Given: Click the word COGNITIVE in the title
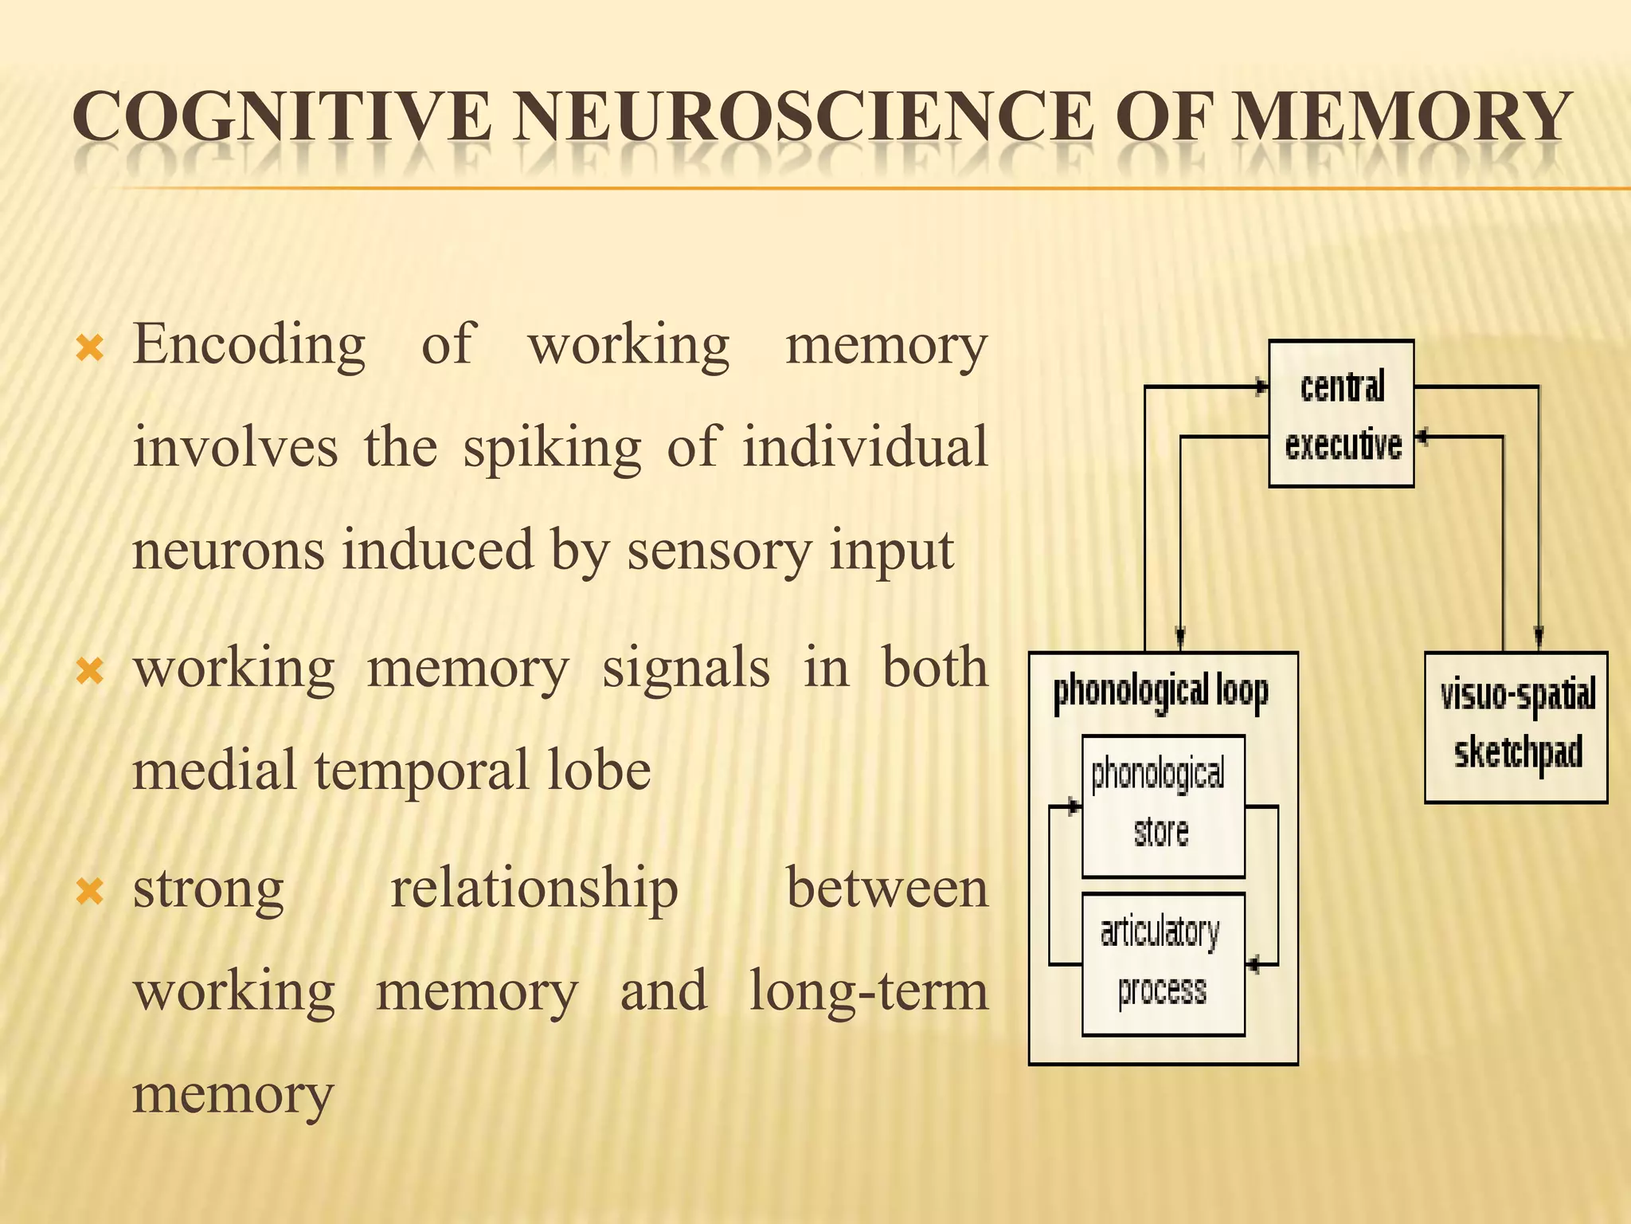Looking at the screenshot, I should point(282,117).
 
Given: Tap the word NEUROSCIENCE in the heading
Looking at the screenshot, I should point(804,117).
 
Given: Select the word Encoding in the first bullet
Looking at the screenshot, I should point(249,346).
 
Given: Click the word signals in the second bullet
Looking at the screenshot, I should point(686,668).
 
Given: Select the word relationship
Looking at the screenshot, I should point(534,889).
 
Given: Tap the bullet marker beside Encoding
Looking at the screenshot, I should point(89,348).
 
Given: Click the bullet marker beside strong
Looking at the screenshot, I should point(89,892).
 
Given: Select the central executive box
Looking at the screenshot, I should point(1341,414).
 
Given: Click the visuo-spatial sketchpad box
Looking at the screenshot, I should point(1516,727).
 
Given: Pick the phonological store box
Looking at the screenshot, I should point(1163,806).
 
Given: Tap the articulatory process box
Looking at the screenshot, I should point(1163,963).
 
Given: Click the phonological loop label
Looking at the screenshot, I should point(1160,692).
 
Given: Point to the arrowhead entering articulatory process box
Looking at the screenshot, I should point(1253,965).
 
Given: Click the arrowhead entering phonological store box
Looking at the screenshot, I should point(1074,807).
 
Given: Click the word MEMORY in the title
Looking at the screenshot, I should point(1402,117).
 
